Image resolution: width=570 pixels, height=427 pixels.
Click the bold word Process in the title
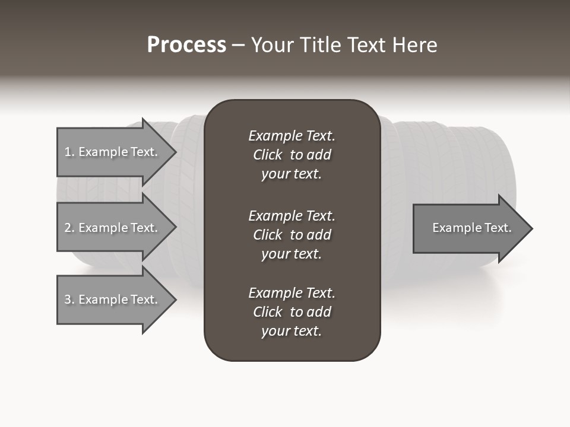click(x=186, y=45)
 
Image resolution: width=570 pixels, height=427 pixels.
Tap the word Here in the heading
click(x=415, y=45)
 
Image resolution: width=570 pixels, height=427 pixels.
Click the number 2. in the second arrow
click(x=69, y=228)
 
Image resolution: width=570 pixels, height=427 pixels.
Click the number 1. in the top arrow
click(x=69, y=152)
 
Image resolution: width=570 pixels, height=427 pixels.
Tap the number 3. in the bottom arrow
click(x=69, y=299)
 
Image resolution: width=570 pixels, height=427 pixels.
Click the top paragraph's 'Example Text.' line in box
click(x=292, y=136)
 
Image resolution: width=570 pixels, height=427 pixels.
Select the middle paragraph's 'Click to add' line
click(x=292, y=235)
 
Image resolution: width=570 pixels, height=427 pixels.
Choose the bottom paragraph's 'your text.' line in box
click(x=292, y=332)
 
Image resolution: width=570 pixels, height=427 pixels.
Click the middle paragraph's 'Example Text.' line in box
click(x=292, y=215)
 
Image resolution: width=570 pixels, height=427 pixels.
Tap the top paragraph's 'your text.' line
click(x=292, y=174)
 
